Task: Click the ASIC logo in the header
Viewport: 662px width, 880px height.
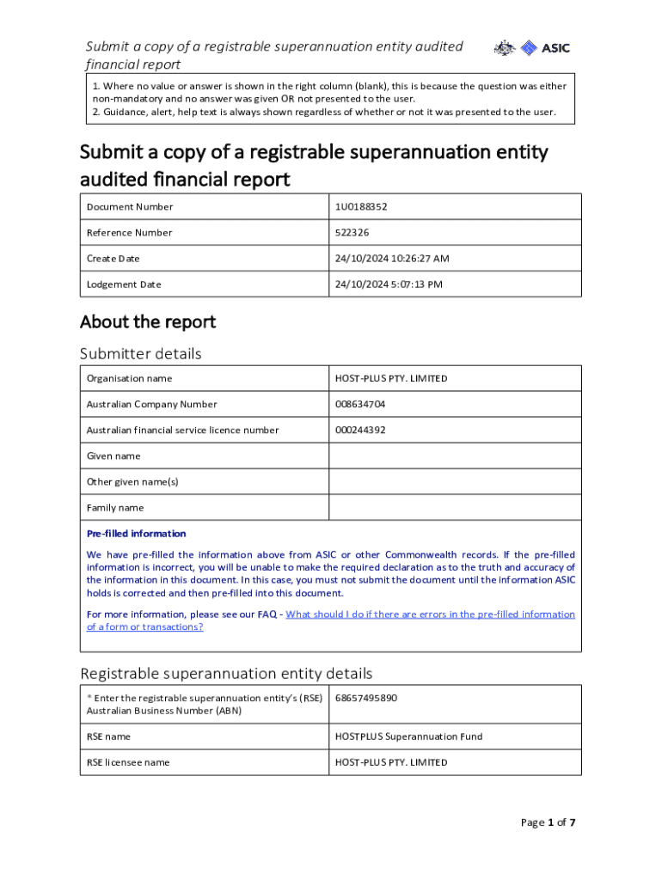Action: click(532, 48)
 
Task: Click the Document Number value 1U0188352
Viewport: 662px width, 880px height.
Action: click(367, 207)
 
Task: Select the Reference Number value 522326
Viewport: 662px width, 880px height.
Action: click(352, 233)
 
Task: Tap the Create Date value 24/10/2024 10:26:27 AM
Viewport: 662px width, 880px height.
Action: click(392, 259)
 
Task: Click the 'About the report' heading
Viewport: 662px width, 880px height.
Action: click(148, 322)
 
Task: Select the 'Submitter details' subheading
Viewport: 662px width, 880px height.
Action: click(141, 354)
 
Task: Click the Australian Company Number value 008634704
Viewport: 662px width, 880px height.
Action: click(360, 405)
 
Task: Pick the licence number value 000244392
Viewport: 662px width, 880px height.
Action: click(360, 431)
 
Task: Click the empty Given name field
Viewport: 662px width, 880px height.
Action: click(455, 456)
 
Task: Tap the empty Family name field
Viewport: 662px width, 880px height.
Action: click(455, 508)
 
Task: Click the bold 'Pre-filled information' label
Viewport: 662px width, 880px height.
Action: click(136, 534)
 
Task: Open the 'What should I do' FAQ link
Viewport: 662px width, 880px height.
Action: click(430, 614)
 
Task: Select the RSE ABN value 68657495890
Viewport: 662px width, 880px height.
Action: click(366, 698)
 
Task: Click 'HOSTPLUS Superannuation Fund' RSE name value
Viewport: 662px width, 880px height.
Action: click(408, 736)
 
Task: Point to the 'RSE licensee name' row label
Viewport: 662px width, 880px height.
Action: click(128, 762)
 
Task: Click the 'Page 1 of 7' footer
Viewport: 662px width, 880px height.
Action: click(548, 822)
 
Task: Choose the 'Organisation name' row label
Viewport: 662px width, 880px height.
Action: click(129, 379)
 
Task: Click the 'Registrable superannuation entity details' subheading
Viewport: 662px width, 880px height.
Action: click(226, 673)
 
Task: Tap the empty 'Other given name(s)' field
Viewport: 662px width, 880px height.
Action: click(455, 482)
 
